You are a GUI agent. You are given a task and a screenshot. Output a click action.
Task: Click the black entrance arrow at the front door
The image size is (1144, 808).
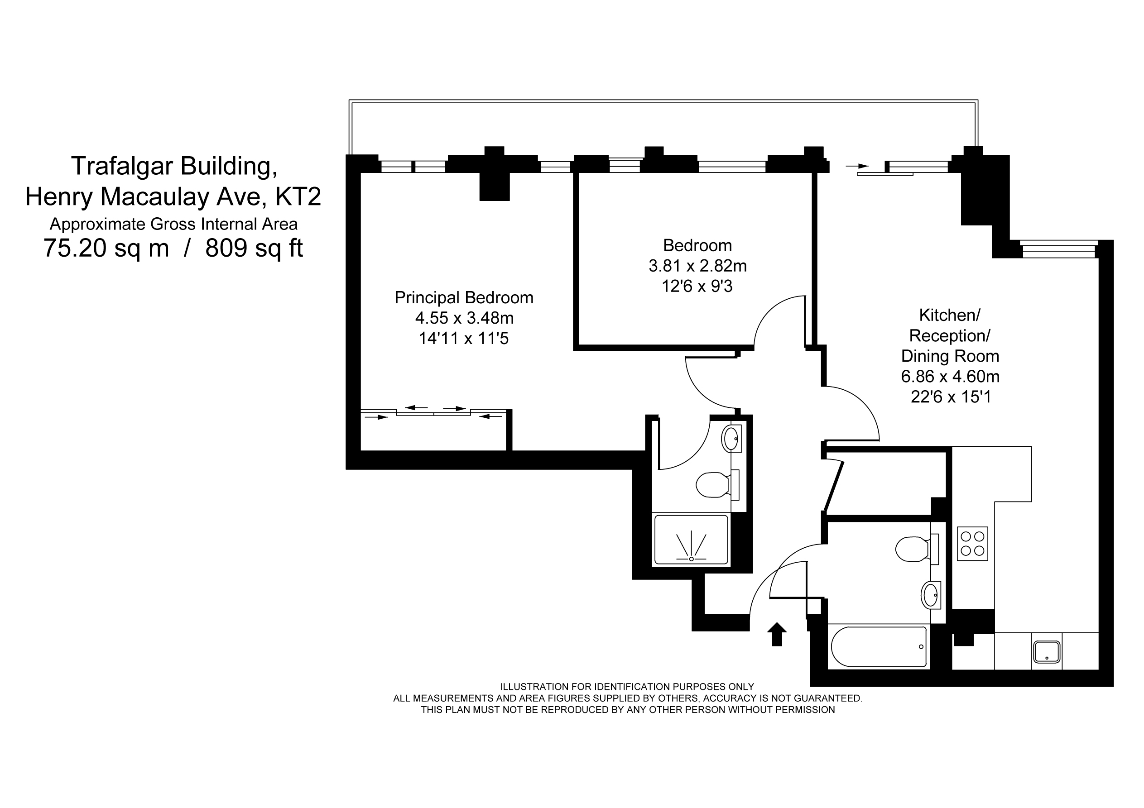tap(777, 634)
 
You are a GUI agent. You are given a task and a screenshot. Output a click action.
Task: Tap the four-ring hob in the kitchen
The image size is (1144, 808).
tap(973, 544)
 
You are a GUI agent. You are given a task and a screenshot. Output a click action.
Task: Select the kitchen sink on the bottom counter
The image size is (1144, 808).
tap(1047, 651)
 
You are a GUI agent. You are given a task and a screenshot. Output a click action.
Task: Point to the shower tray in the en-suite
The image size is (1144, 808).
tap(691, 540)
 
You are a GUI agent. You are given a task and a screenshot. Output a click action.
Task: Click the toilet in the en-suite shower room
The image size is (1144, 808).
tap(717, 485)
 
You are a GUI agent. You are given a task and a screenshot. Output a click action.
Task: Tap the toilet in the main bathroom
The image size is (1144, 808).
tap(917, 549)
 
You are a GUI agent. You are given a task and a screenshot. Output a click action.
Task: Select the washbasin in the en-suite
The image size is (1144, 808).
tap(731, 438)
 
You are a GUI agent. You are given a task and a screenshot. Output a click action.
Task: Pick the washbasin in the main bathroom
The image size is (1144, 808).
tap(931, 595)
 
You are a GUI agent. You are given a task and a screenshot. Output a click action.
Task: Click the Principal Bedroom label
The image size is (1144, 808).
tap(464, 297)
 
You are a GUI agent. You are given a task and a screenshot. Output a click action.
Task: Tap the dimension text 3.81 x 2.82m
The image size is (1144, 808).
tap(697, 266)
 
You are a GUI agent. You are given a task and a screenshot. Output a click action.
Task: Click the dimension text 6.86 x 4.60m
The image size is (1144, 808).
tap(950, 376)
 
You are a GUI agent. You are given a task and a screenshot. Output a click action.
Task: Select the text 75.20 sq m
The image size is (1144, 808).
tap(106, 248)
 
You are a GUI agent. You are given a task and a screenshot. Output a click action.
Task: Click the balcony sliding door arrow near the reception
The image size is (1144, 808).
tap(857, 166)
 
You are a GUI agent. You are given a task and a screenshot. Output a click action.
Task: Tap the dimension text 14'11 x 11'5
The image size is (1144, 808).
tap(463, 339)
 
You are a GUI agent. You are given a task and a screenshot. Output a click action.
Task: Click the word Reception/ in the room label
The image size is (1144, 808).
tap(950, 336)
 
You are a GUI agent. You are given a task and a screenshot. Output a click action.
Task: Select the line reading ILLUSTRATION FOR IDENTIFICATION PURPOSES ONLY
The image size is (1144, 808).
tap(627, 687)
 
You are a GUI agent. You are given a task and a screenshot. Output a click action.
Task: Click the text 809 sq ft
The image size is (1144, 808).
tap(254, 248)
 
